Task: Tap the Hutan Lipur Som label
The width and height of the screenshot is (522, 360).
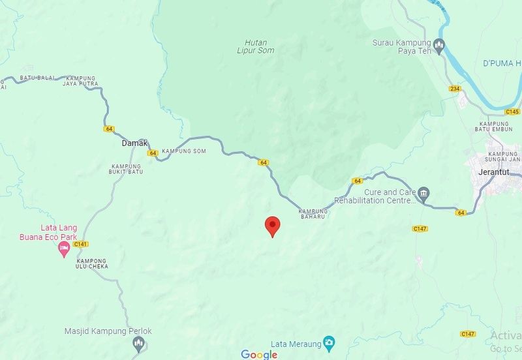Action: (256, 46)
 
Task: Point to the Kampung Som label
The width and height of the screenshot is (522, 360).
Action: (184, 151)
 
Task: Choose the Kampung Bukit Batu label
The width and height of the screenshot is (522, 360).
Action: (127, 170)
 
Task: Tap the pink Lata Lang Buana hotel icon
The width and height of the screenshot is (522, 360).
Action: (64, 249)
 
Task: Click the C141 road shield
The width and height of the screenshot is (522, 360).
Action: (81, 244)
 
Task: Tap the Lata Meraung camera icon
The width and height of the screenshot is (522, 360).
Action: (330, 342)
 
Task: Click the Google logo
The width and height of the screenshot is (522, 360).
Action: (259, 354)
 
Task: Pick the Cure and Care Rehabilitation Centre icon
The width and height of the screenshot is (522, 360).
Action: (425, 192)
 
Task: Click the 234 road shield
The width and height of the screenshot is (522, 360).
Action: (455, 87)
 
